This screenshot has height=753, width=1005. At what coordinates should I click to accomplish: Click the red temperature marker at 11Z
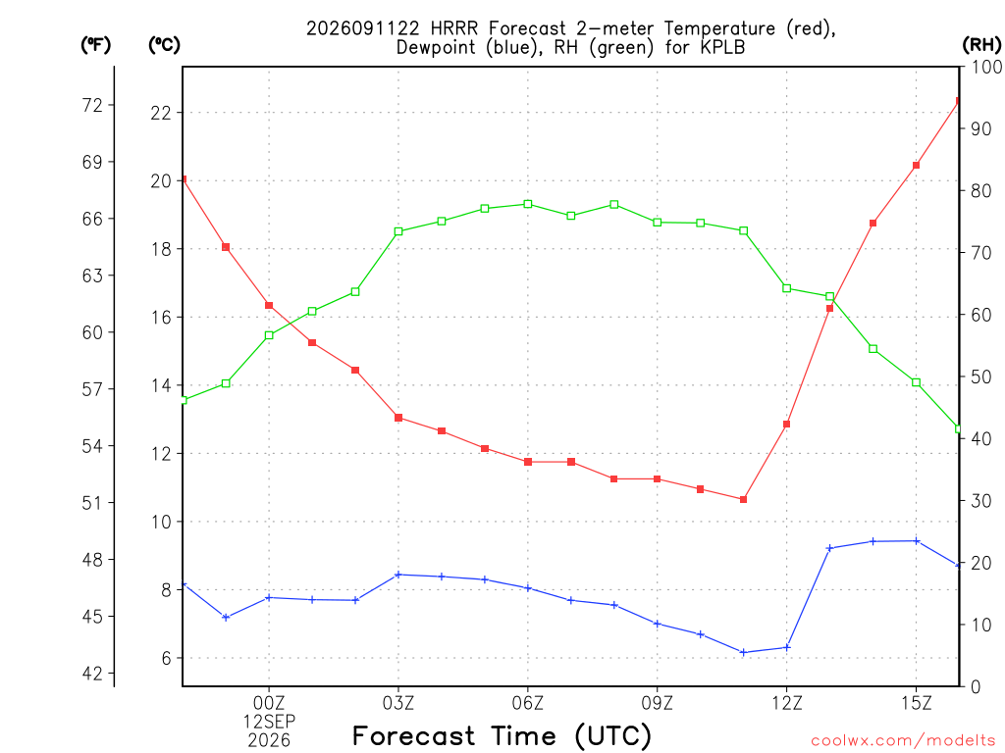coord(744,499)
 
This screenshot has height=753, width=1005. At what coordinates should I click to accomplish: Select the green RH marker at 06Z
coord(528,204)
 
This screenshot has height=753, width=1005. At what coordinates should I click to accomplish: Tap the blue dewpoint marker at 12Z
coord(787,647)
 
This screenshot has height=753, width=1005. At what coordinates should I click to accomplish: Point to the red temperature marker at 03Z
coord(398,418)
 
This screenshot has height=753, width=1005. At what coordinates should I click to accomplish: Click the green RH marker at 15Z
coord(917,383)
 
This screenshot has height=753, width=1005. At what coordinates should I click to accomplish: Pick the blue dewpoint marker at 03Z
coord(398,575)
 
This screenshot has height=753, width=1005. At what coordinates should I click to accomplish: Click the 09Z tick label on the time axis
coord(657,703)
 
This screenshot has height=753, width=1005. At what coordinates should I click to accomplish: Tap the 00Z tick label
coord(269,703)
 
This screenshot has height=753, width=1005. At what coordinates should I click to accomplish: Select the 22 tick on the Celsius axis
coord(161,114)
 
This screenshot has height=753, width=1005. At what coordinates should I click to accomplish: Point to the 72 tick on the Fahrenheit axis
coord(92,105)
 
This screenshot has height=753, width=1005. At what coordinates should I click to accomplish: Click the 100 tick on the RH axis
coord(986,67)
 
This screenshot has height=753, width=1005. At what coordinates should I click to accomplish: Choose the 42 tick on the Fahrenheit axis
coord(92,674)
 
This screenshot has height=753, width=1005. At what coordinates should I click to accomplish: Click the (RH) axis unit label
coord(981,45)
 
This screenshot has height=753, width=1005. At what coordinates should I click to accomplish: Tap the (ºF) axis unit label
coord(95,45)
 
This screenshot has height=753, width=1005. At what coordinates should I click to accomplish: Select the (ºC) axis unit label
coord(164,45)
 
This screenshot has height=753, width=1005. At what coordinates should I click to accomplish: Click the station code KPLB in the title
coord(722,47)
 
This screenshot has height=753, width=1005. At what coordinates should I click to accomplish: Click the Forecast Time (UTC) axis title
coord(502,736)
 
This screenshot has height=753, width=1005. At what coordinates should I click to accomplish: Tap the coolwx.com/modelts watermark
coord(903,741)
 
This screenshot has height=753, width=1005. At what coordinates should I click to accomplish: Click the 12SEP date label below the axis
coord(269,722)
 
